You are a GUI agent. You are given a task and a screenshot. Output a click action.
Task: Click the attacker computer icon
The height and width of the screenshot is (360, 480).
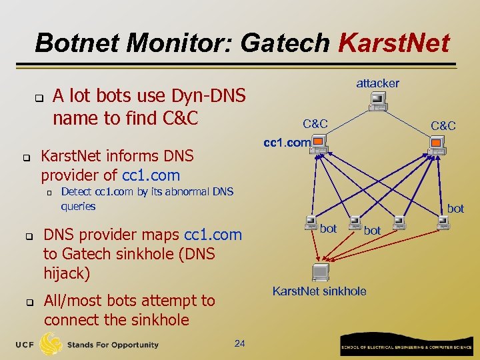point(378,100)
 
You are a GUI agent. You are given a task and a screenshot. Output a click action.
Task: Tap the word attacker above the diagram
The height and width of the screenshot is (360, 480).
point(377,83)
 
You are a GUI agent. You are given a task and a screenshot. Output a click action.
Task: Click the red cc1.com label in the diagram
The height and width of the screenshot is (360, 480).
point(287,142)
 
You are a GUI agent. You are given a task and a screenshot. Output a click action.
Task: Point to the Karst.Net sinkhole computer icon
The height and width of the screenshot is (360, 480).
point(320,273)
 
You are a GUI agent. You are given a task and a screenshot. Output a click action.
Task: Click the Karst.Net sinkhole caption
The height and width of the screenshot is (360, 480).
point(319,291)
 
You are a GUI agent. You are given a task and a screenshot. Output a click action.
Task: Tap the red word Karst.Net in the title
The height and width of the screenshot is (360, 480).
point(394,43)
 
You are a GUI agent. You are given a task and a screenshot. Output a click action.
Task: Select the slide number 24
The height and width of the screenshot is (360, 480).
point(240,343)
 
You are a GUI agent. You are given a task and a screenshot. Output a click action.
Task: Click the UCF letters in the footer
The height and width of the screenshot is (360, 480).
point(25,344)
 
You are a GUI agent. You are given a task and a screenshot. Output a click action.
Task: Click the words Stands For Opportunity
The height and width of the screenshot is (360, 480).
point(113,345)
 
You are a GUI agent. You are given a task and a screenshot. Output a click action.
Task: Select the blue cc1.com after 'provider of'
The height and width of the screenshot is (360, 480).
point(151,175)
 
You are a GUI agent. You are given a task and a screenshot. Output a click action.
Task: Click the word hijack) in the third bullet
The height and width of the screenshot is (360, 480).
point(67,273)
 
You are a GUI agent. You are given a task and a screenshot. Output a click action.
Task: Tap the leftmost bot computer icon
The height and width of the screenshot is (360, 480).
point(311,222)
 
